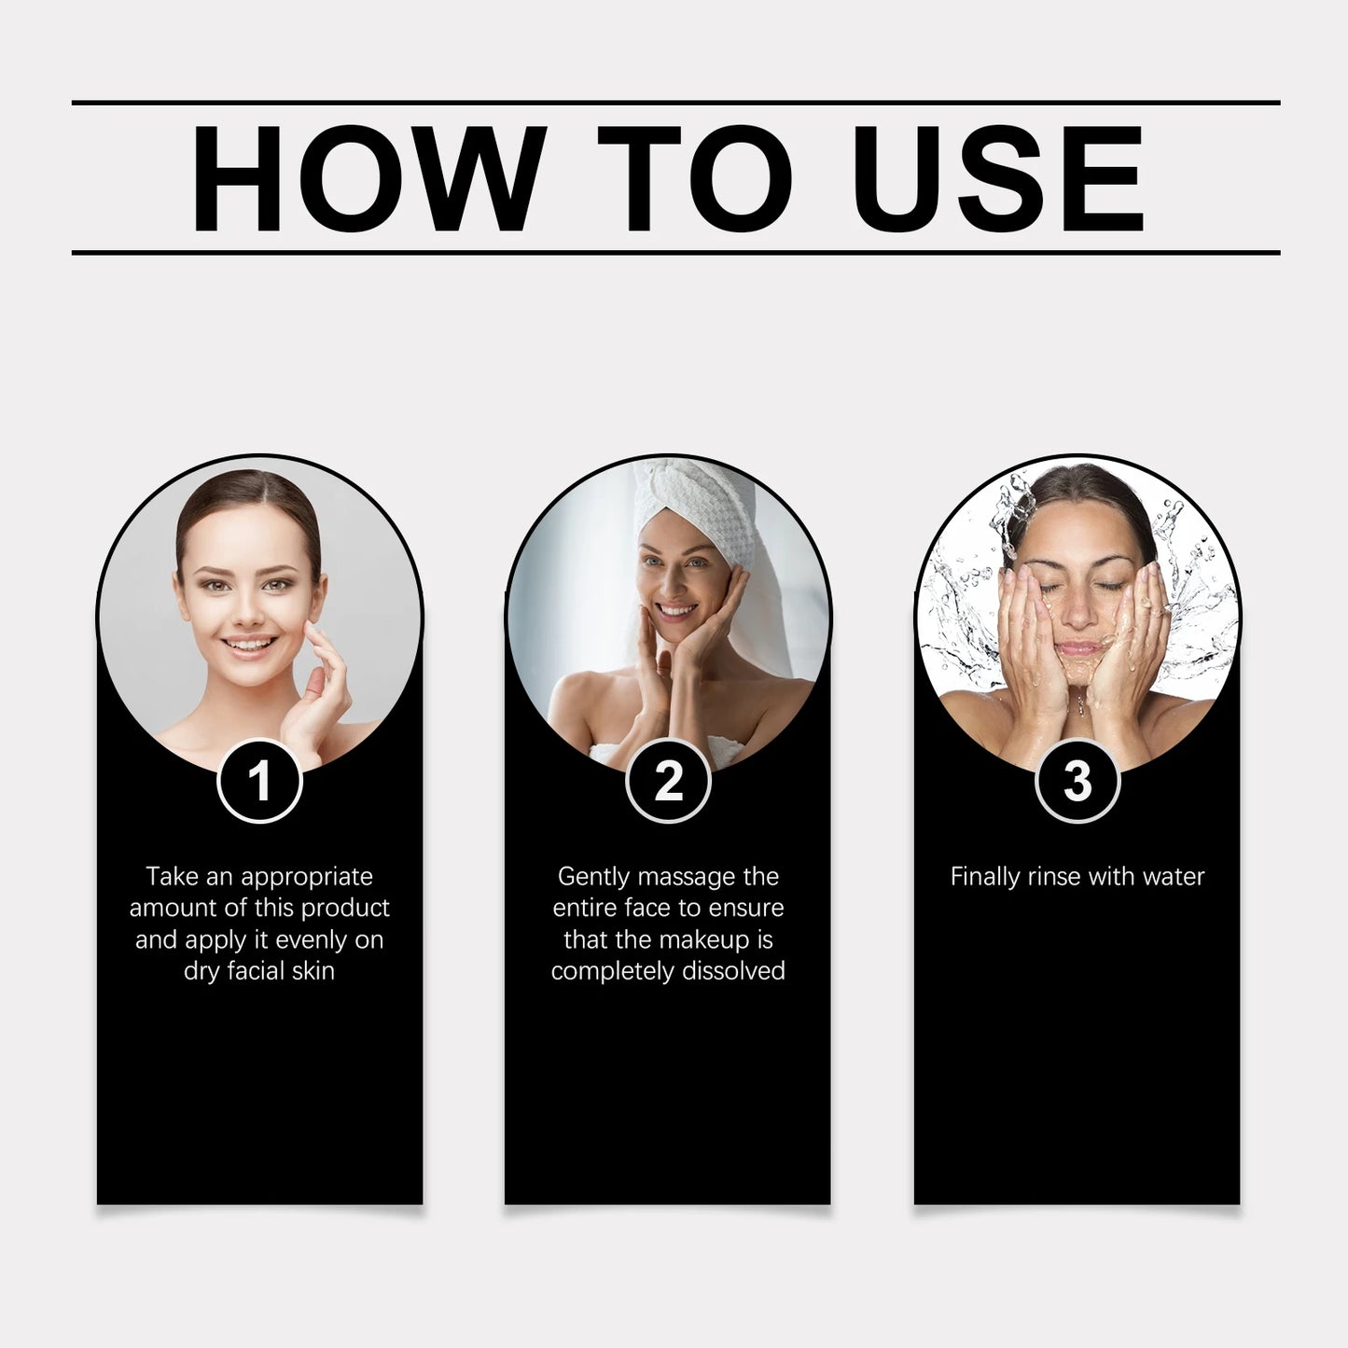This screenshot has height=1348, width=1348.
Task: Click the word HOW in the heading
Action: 368,177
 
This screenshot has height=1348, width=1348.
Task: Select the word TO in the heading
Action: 694,177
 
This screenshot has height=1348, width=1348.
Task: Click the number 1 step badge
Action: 259,781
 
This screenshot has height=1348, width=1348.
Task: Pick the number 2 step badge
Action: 668,781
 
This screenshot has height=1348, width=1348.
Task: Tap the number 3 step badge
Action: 1077,781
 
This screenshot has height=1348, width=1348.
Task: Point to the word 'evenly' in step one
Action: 306,939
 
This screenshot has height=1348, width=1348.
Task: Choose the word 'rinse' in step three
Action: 1058,877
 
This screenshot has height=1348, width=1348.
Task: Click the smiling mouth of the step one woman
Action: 250,645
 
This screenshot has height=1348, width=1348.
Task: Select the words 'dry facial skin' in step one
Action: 259,971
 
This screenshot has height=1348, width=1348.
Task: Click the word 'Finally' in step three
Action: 985,877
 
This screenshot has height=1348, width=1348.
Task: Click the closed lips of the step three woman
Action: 1079,646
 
